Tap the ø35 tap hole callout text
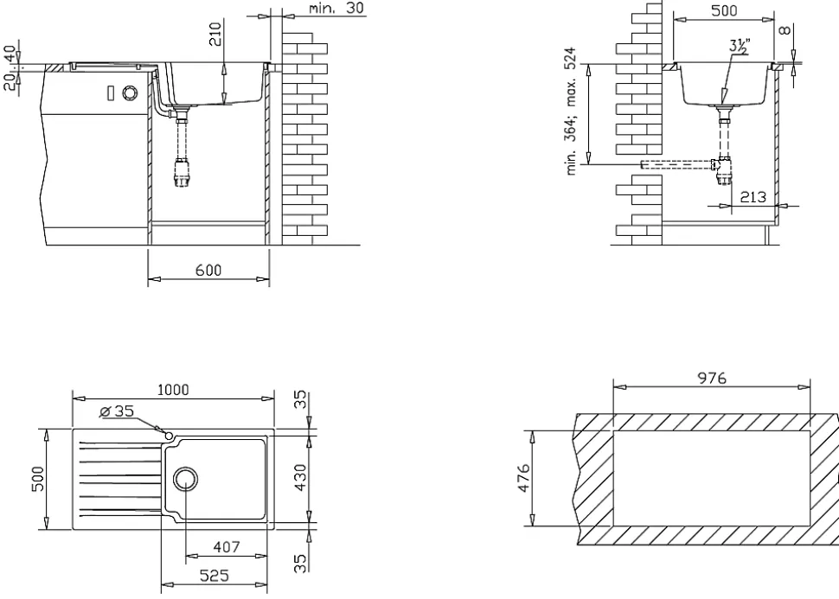pyautogui.click(x=117, y=411)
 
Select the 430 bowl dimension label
pyautogui.click(x=301, y=478)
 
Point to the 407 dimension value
pyautogui.click(x=227, y=547)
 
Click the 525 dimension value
pyautogui.click(x=214, y=576)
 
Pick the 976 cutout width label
pyautogui.click(x=712, y=378)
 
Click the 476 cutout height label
pyautogui.click(x=524, y=478)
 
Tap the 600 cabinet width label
pyautogui.click(x=208, y=270)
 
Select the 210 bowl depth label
pyautogui.click(x=215, y=35)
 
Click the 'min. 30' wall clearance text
pyautogui.click(x=336, y=8)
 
